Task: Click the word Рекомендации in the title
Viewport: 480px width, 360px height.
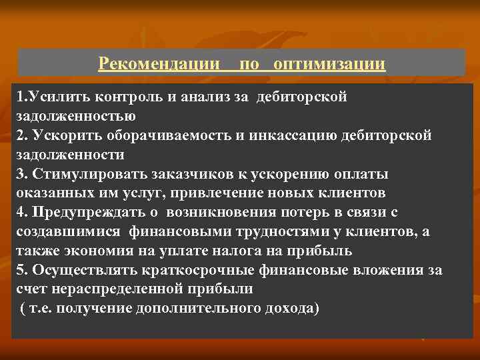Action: click(159, 63)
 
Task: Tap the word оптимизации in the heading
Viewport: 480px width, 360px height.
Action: click(329, 63)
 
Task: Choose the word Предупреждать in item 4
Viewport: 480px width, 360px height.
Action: click(79, 213)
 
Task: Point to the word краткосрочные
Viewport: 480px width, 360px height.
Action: click(193, 271)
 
